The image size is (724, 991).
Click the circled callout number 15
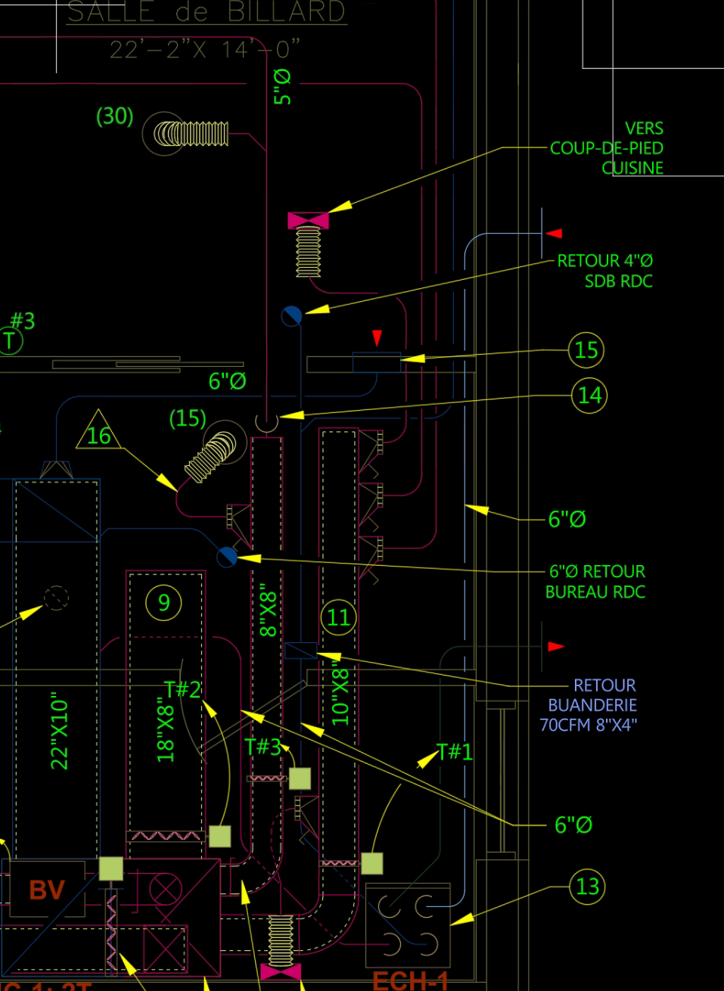pyautogui.click(x=586, y=349)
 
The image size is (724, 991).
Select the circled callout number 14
pyautogui.click(x=589, y=395)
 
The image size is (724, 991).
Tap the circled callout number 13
pyautogui.click(x=587, y=886)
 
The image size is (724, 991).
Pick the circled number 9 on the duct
pyautogui.click(x=163, y=602)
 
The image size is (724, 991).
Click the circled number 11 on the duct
pyautogui.click(x=338, y=617)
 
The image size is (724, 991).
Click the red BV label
pyautogui.click(x=46, y=890)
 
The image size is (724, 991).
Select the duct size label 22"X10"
pyautogui.click(x=60, y=731)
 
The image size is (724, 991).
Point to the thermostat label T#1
pyautogui.click(x=455, y=751)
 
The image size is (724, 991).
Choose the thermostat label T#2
pyautogui.click(x=182, y=689)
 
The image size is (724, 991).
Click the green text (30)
pyautogui.click(x=115, y=116)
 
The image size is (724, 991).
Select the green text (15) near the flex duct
pyautogui.click(x=188, y=418)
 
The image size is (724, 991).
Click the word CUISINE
pyautogui.click(x=632, y=168)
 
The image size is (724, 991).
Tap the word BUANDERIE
pyautogui.click(x=592, y=705)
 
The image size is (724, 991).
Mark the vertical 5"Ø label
pyautogui.click(x=282, y=86)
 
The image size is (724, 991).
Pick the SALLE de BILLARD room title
pyautogui.click(x=206, y=12)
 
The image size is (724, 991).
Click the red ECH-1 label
pyautogui.click(x=411, y=981)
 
